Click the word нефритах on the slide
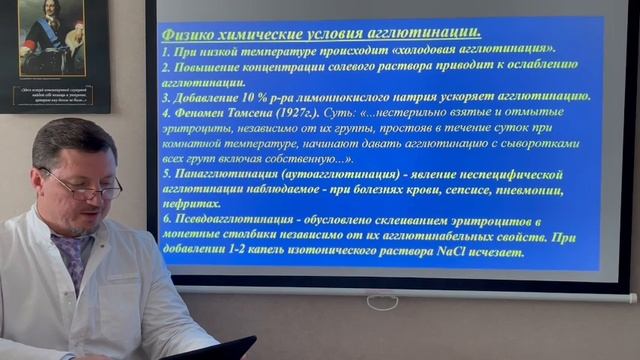click(x=192, y=204)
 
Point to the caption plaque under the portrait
click(x=54, y=97)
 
